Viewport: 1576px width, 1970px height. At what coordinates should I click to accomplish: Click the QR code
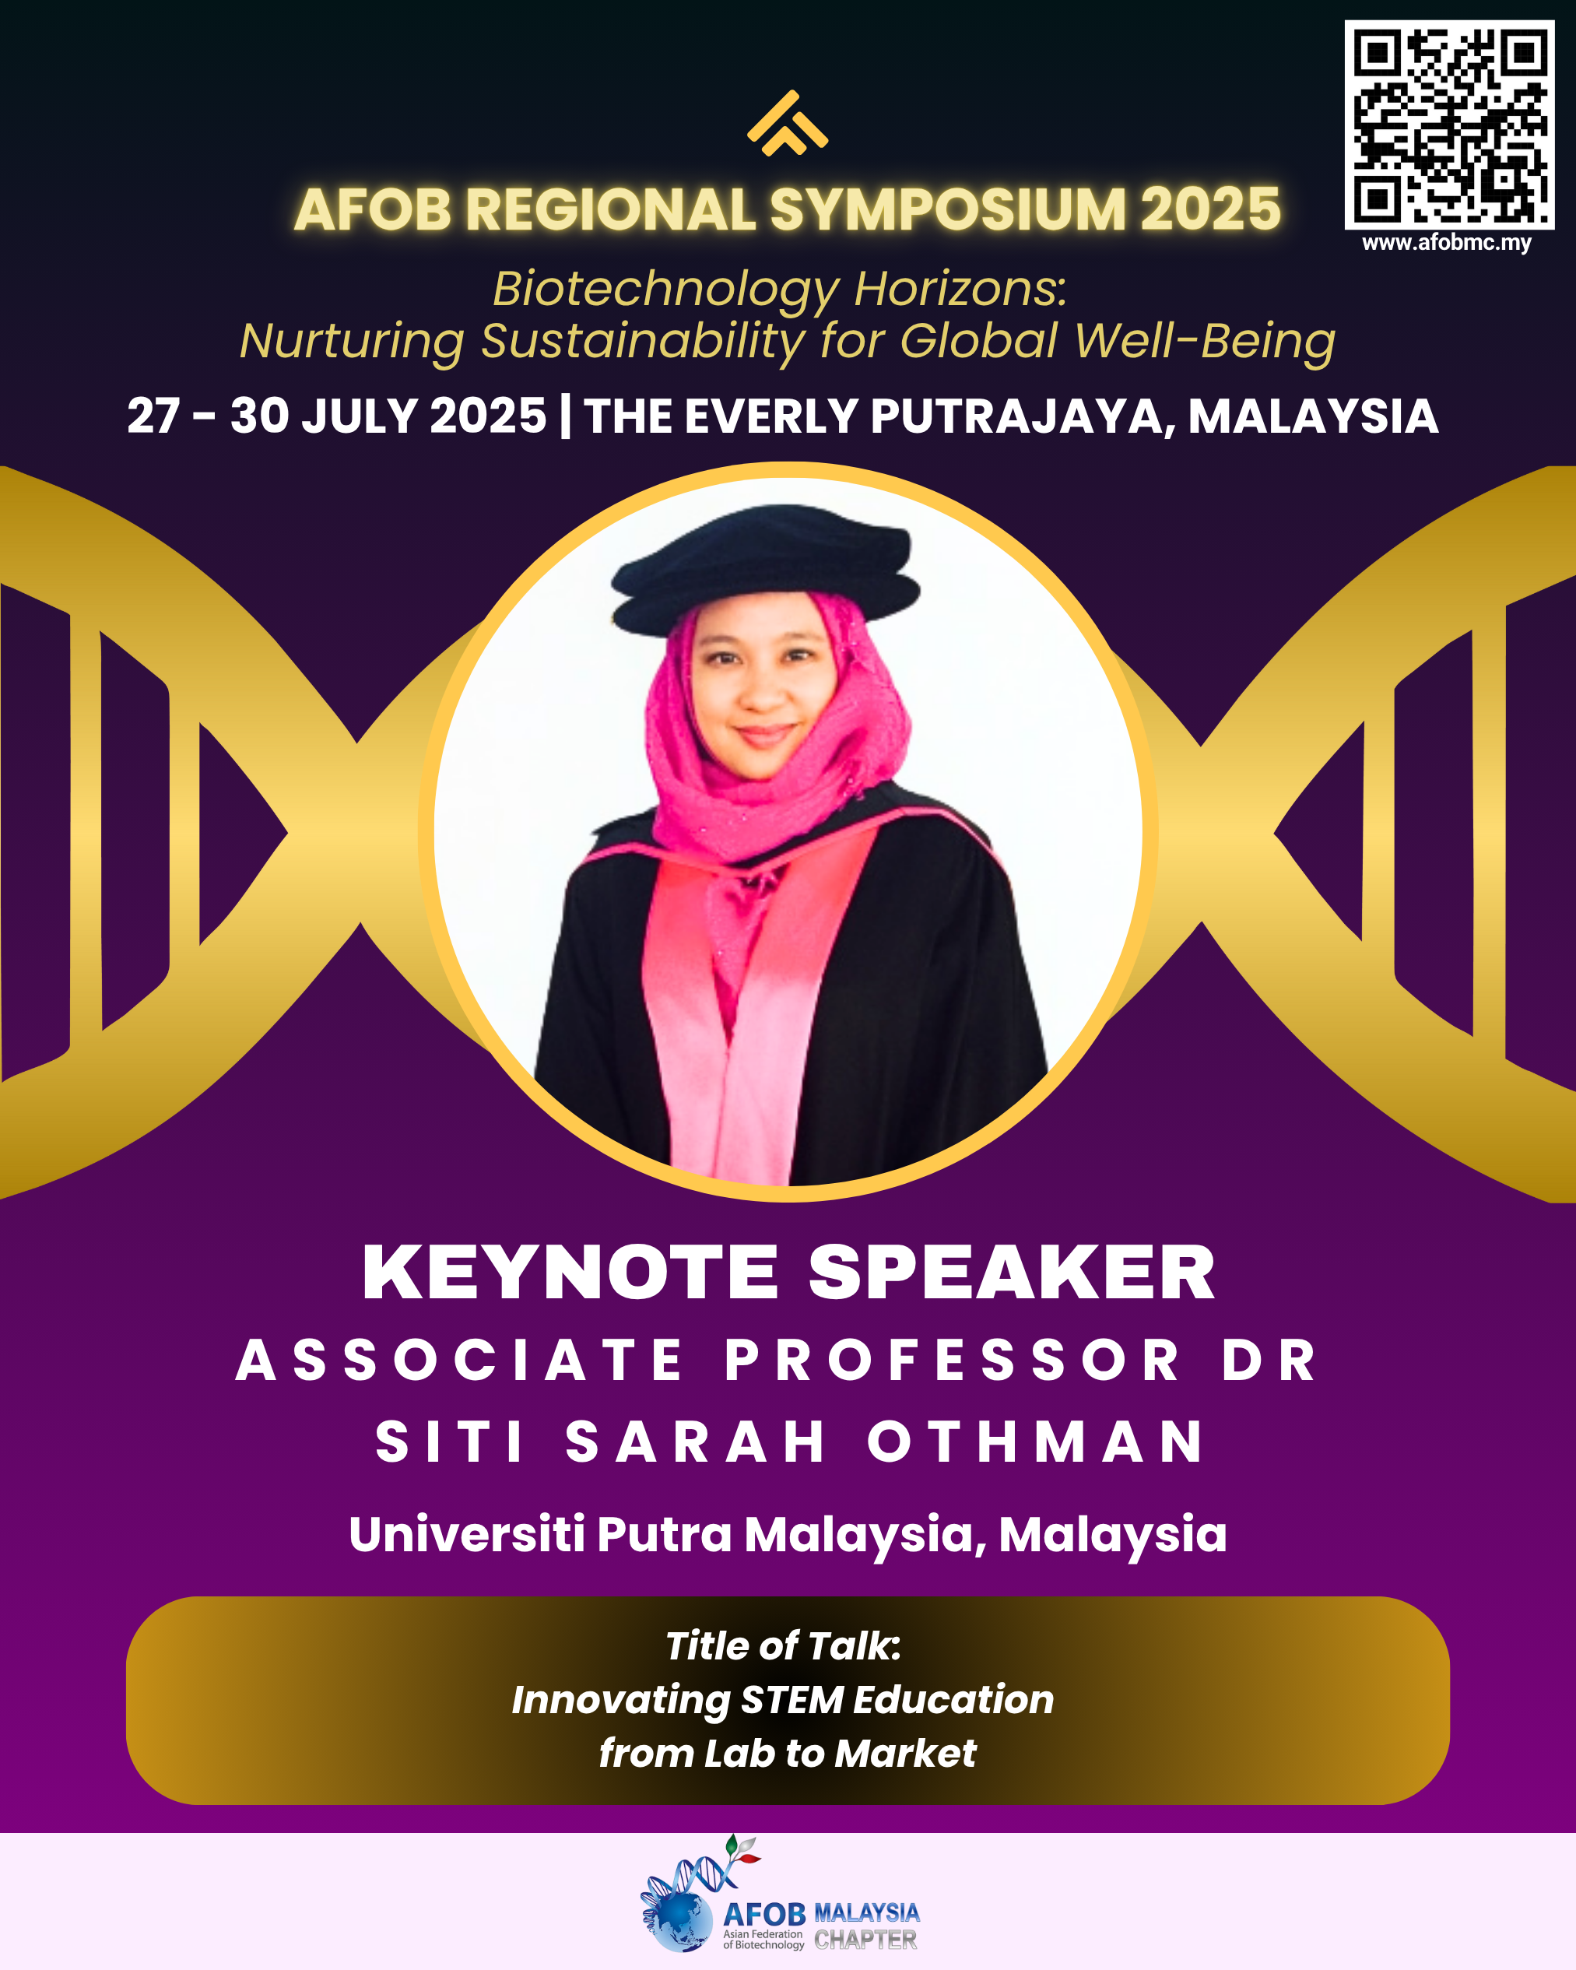(1449, 125)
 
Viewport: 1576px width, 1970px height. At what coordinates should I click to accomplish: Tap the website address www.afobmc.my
(1447, 243)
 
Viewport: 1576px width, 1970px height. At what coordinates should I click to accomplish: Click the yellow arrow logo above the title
(788, 123)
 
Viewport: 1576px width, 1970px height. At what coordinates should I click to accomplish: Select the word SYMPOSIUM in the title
(947, 209)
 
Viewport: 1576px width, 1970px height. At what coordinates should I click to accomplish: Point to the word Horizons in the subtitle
(960, 289)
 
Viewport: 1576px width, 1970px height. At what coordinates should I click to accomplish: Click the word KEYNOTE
(570, 1272)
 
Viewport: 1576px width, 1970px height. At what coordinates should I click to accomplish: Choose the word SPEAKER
(1013, 1272)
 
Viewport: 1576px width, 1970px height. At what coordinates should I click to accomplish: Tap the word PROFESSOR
(952, 1360)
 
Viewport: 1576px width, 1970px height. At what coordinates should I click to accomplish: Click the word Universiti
(467, 1533)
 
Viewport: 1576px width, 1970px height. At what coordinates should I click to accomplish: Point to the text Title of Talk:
(783, 1645)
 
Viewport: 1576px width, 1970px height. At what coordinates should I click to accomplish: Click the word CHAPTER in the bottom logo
(865, 1939)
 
